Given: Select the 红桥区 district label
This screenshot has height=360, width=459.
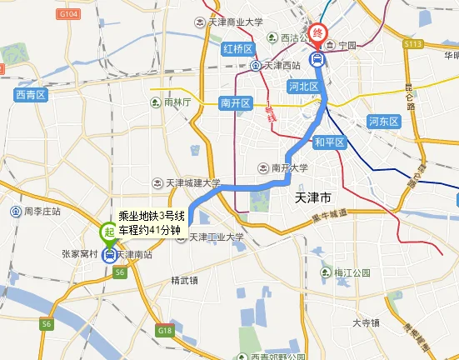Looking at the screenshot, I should pyautogui.click(x=237, y=49).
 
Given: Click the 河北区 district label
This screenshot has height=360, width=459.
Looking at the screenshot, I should pyautogui.click(x=303, y=85).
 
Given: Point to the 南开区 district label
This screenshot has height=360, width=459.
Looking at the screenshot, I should pyautogui.click(x=236, y=102).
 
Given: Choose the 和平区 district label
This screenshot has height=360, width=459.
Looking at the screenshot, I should pyautogui.click(x=330, y=142).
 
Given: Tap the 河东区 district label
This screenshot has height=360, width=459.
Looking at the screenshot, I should pyautogui.click(x=385, y=122).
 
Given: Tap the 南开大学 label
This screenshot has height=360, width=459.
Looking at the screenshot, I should pyautogui.click(x=285, y=167).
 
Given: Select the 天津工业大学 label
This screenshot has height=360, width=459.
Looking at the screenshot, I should pyautogui.click(x=215, y=237).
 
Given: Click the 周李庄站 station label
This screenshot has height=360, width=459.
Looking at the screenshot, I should pyautogui.click(x=42, y=211).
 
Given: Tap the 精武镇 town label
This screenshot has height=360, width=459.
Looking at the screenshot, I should pyautogui.click(x=184, y=279).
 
